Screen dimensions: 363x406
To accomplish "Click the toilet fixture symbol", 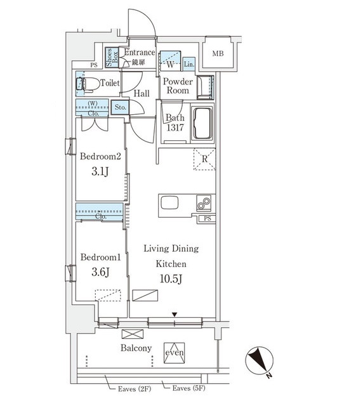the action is point(88,84).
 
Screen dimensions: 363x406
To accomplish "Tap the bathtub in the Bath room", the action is point(202,123).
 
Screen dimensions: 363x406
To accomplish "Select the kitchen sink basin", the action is point(169,202).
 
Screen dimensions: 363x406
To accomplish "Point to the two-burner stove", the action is point(204,203).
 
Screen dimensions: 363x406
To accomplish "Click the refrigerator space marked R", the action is point(204,159).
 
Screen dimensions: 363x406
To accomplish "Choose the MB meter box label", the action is point(218,53).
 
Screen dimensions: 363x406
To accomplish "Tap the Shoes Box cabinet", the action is point(112,57).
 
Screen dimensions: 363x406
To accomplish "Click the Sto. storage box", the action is point(121,107).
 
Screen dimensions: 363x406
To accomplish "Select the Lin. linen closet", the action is point(189,64).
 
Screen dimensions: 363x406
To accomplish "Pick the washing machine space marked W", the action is point(170,61).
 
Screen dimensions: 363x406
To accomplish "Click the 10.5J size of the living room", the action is point(171,279).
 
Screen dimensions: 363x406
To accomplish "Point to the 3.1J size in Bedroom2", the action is point(100,171).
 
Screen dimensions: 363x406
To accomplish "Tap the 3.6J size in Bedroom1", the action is point(100,272).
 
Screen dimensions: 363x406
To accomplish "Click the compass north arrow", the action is point(260,360).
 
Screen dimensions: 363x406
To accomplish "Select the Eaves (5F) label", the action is point(188,388).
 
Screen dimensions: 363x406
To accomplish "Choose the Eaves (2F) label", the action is point(135,389).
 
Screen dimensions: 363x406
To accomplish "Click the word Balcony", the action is point(136,348).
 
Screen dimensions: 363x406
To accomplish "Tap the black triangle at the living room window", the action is point(175,315).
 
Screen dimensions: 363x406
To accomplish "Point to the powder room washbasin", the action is point(205,88).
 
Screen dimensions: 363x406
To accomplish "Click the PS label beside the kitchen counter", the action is point(208,218).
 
